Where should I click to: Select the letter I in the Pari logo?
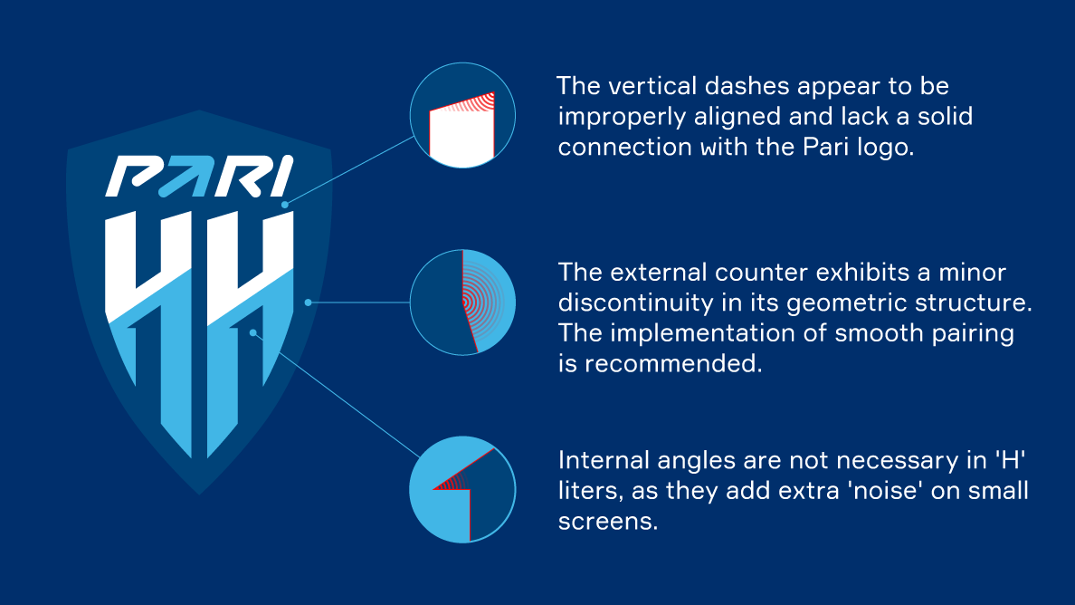pyautogui.click(x=281, y=177)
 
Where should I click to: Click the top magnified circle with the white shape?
pyautogui.click(x=462, y=115)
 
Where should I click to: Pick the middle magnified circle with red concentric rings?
pyautogui.click(x=462, y=302)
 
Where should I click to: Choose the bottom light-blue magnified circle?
pyautogui.click(x=462, y=490)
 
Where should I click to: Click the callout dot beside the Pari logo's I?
pyautogui.click(x=285, y=205)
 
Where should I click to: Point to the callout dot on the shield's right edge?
pyautogui.click(x=308, y=302)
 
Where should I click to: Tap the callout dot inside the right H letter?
pyautogui.click(x=253, y=332)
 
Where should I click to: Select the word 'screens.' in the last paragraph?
pyautogui.click(x=608, y=522)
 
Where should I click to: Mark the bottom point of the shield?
pyautogui.click(x=199, y=495)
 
